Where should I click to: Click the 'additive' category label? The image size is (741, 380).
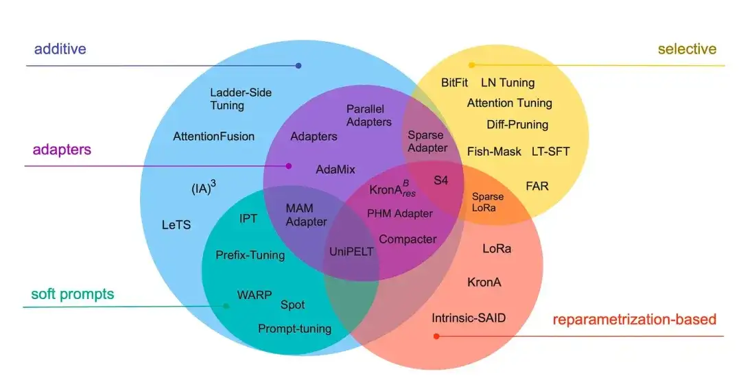point(60,49)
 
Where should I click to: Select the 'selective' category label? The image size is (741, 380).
point(687,49)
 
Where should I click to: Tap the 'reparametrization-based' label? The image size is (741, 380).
point(634,320)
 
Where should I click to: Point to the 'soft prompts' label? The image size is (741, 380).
point(73,295)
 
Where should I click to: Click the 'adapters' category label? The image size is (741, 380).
point(62,150)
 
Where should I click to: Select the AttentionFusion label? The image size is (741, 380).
point(213,136)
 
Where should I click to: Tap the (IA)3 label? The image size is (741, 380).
point(204,187)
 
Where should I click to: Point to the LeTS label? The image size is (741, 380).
point(176,225)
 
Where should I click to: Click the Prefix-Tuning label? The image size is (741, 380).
point(250,255)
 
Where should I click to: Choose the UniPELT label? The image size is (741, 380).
point(351,252)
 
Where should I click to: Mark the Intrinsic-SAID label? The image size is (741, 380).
point(473,318)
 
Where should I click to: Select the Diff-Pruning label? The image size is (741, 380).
point(517,125)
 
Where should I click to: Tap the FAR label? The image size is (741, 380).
point(537,186)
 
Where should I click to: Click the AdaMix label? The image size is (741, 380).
point(336,169)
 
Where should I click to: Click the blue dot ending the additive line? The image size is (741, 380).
point(298,66)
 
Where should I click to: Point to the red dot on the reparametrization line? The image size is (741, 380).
point(436,336)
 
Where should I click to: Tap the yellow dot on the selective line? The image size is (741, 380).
point(471,65)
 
